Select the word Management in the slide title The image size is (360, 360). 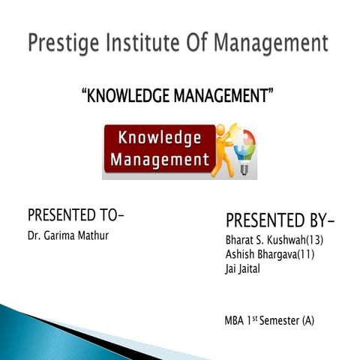272,43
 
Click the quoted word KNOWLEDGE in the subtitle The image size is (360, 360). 129,96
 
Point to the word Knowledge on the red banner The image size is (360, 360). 155,138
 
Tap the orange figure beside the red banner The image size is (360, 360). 223,150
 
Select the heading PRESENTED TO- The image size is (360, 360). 75,215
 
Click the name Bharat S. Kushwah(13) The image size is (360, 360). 274,241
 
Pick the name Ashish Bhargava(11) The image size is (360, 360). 269,255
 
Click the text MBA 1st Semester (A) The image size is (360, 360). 269,321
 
